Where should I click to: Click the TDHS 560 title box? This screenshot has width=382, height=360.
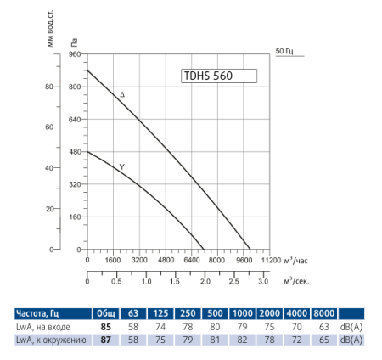(218, 75)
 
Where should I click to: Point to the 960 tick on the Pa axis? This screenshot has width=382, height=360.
(73, 54)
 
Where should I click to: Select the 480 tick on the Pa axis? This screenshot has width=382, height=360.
(73, 152)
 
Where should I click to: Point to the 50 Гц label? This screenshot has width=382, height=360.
(285, 53)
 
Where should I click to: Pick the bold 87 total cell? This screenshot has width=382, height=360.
(106, 340)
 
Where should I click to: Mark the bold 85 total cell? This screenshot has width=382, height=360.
(106, 326)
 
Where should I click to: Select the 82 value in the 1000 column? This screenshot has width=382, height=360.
(243, 340)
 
